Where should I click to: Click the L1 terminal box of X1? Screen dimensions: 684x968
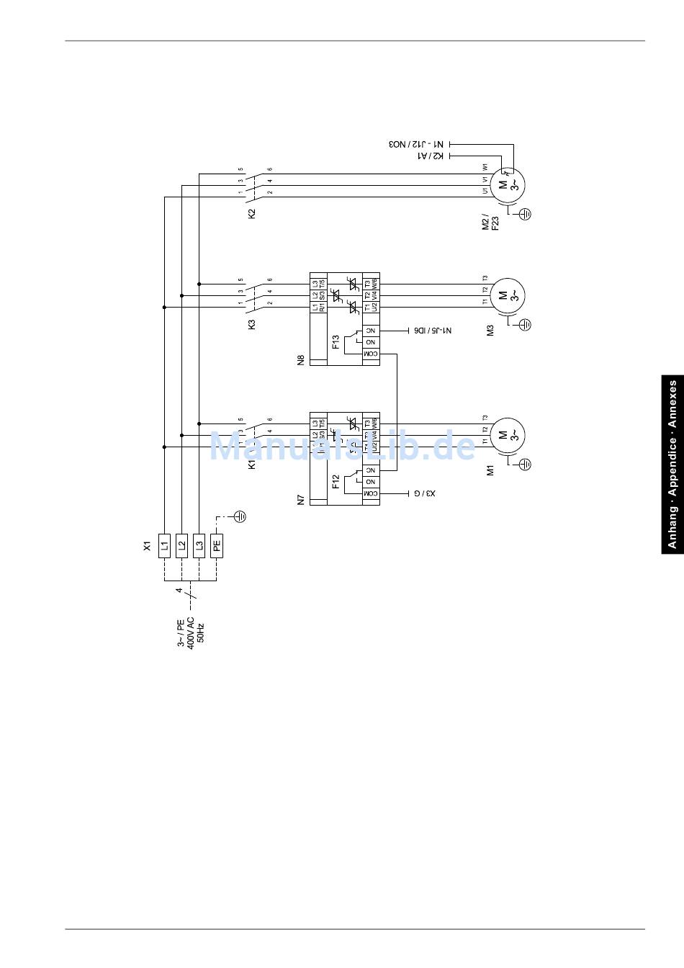pos(164,545)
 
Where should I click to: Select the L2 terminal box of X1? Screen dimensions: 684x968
pos(181,545)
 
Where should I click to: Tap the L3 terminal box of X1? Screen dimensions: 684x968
pos(199,545)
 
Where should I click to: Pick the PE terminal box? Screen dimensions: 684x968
pos(217,545)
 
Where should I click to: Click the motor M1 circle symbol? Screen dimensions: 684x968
pos(508,434)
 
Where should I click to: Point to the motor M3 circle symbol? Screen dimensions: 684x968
pos(508,295)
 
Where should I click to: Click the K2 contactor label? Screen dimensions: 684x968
pos(251,213)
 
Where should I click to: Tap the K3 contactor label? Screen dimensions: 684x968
pos(251,324)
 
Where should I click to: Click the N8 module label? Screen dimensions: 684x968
pos(301,359)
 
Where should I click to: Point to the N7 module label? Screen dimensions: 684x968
pos(301,498)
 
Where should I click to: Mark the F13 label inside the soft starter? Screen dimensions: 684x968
pos(336,341)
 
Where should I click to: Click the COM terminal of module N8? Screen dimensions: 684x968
pos(370,354)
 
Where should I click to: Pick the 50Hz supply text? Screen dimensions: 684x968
pos(201,633)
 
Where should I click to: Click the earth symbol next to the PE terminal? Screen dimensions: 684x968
pos(241,516)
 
